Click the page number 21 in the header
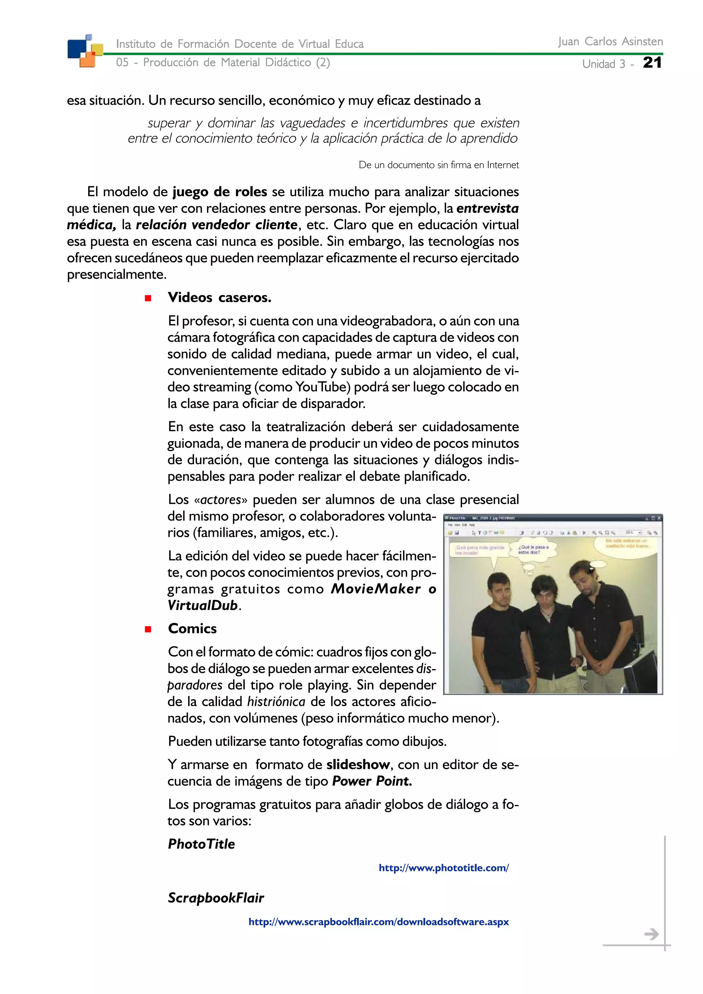pos(652,62)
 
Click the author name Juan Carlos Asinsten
pos(610,42)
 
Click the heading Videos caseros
pos(220,297)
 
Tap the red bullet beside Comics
pos(148,629)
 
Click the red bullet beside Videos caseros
pos(148,298)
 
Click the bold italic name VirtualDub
pos(203,605)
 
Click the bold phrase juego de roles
pos(220,192)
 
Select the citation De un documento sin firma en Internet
pos(438,165)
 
